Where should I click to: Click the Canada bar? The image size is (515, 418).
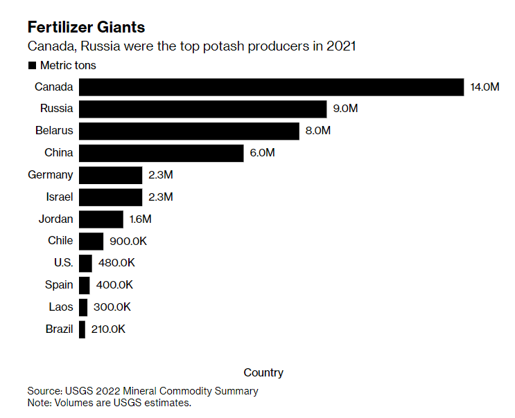click(271, 87)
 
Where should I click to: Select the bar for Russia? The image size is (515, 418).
click(202, 109)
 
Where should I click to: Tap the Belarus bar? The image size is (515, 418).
click(189, 131)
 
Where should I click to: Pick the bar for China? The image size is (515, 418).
click(162, 153)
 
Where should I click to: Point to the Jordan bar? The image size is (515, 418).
click(101, 219)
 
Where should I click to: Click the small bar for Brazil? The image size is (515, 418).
click(82, 329)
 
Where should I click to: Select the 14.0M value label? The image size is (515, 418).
click(485, 87)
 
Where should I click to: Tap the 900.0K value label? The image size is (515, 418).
click(128, 241)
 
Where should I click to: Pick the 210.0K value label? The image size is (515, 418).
click(109, 329)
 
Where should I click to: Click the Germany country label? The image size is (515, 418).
click(50, 175)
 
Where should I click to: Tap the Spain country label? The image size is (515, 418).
click(58, 285)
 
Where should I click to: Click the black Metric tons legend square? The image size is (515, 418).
click(31, 66)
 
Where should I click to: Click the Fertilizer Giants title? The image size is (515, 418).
click(86, 28)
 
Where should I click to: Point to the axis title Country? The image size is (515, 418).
click(263, 372)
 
